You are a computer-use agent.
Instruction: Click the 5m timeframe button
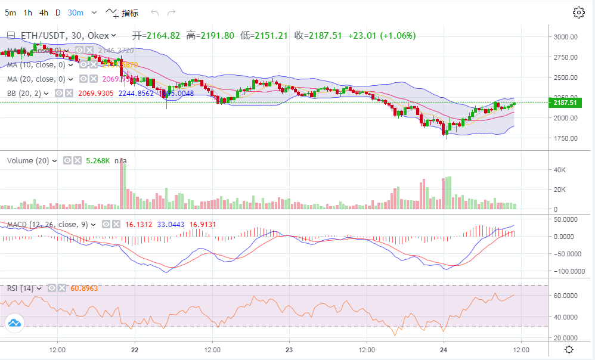pos(11,13)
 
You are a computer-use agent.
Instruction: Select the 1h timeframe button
pos(28,13)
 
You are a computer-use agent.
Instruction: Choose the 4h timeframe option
pos(44,13)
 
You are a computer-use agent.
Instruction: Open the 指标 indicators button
pos(122,13)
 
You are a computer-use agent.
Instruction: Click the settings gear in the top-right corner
pos(578,13)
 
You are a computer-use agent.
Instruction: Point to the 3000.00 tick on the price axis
pos(565,37)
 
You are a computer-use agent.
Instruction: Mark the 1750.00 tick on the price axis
pos(565,138)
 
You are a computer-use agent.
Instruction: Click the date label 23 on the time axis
pos(289,349)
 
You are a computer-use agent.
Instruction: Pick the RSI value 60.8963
pos(84,288)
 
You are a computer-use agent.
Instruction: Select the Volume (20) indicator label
pos(29,160)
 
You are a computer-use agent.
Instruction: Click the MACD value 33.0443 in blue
pos(170,225)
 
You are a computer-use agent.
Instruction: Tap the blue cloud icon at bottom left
pos(14,324)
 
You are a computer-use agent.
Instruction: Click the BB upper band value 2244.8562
pos(136,93)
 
